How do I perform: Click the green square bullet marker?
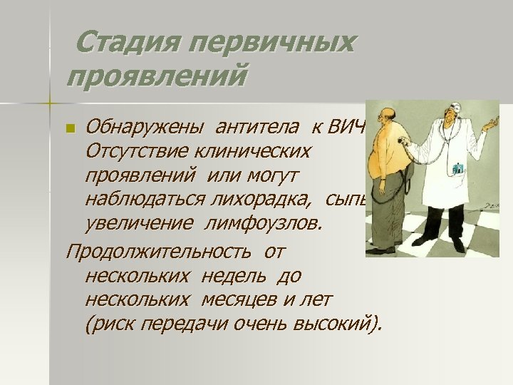coord(69,129)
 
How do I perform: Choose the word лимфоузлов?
coord(264,224)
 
